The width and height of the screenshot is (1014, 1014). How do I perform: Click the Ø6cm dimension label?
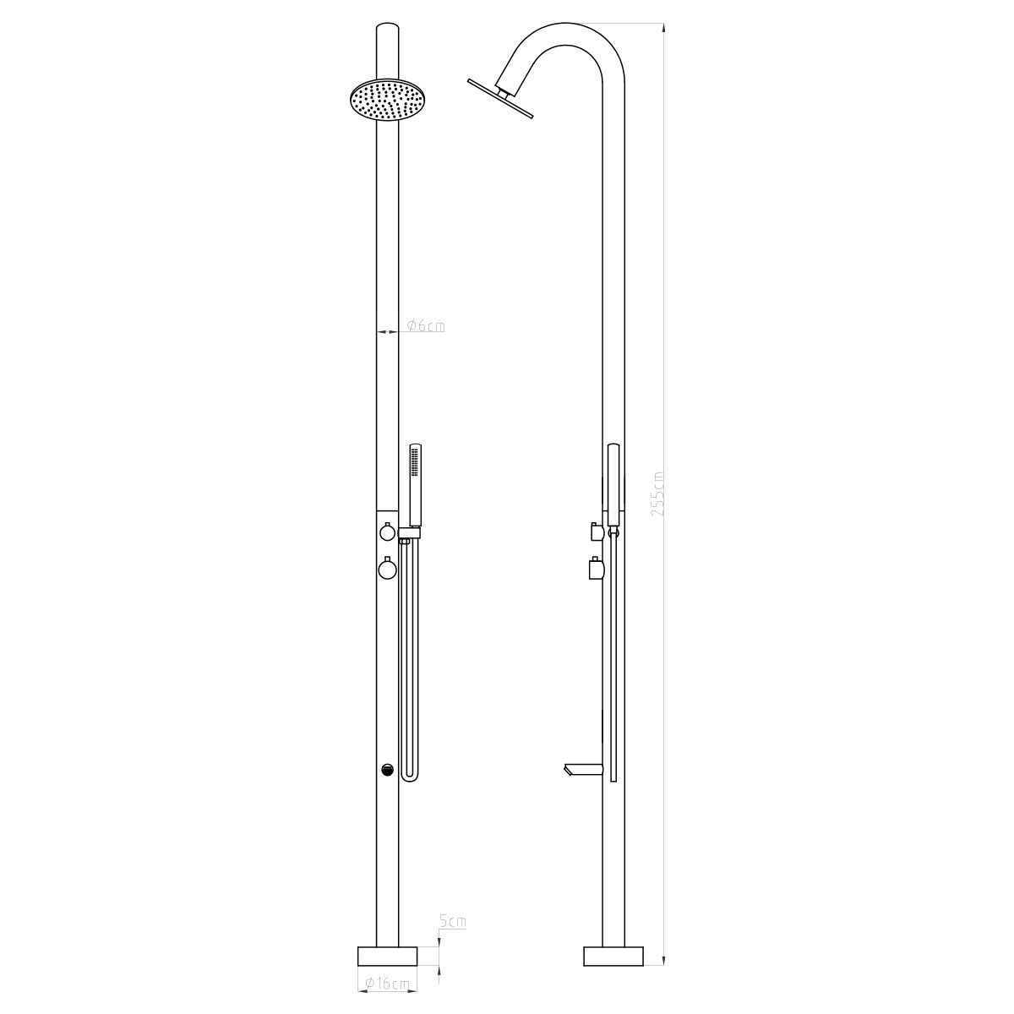coord(425,325)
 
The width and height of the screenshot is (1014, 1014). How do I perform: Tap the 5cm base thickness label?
coord(453,922)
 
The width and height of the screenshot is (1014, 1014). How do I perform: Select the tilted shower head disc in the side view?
coord(500,98)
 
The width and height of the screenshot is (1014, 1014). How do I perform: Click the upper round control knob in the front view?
coord(387,532)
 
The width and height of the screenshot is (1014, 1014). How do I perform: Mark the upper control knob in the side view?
coord(597,532)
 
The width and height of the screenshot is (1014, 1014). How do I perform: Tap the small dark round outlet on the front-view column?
coord(387,769)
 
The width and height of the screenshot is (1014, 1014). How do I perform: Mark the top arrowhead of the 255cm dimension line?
coord(664,29)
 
